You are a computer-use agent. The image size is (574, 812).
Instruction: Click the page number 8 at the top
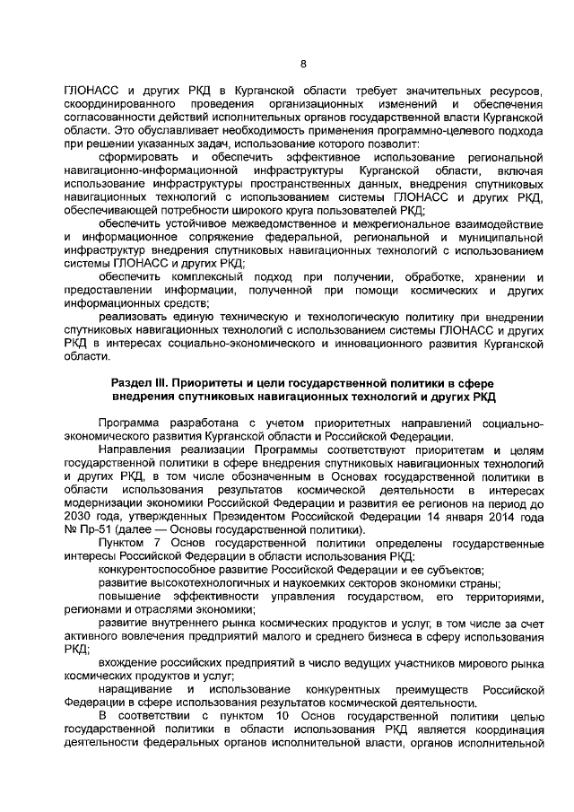[302, 63]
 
